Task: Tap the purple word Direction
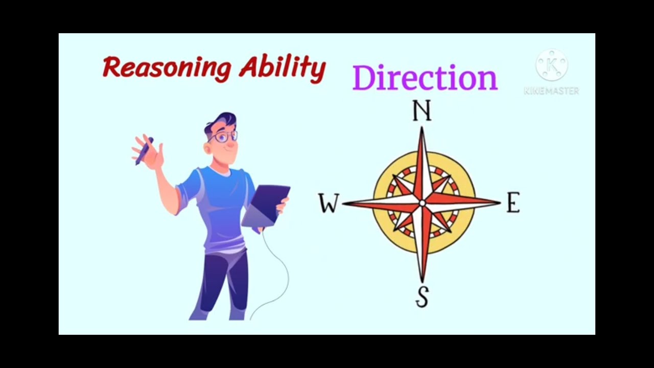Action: tap(425, 78)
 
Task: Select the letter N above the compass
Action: tap(422, 111)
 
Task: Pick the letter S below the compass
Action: tap(422, 297)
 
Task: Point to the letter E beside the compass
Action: tap(513, 203)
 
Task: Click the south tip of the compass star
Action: tap(422, 280)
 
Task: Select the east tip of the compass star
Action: tap(498, 203)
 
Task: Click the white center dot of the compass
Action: tap(422, 203)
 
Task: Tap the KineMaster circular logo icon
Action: tap(551, 65)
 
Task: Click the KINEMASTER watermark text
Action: tap(551, 91)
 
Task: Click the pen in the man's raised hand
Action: tap(144, 151)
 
